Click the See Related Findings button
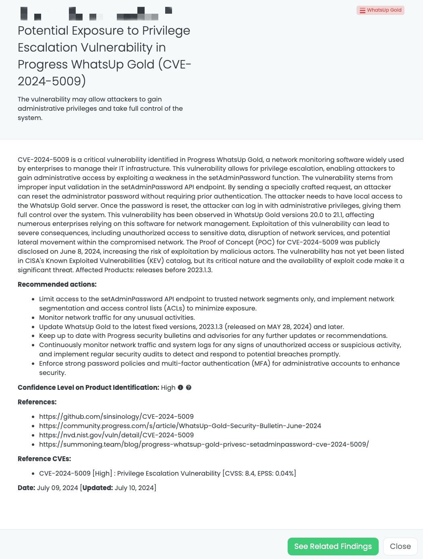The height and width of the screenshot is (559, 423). (x=333, y=547)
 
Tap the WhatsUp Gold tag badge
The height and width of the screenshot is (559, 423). (x=380, y=10)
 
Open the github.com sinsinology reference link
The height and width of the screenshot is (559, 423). (x=116, y=416)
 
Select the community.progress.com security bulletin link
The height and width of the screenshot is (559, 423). (x=180, y=426)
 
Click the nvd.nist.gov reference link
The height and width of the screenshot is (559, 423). (x=116, y=435)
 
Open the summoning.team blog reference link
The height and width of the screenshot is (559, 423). (x=204, y=444)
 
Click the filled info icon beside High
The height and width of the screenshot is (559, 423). (x=180, y=387)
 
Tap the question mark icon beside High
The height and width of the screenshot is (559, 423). (x=189, y=387)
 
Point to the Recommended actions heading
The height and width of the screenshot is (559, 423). (x=57, y=284)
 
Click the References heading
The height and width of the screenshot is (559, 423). (x=37, y=402)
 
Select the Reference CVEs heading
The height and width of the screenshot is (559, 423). (x=44, y=459)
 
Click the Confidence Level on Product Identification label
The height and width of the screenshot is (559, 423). (x=88, y=387)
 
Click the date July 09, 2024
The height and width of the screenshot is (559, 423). (x=57, y=488)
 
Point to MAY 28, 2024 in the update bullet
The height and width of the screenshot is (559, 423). (x=289, y=327)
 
